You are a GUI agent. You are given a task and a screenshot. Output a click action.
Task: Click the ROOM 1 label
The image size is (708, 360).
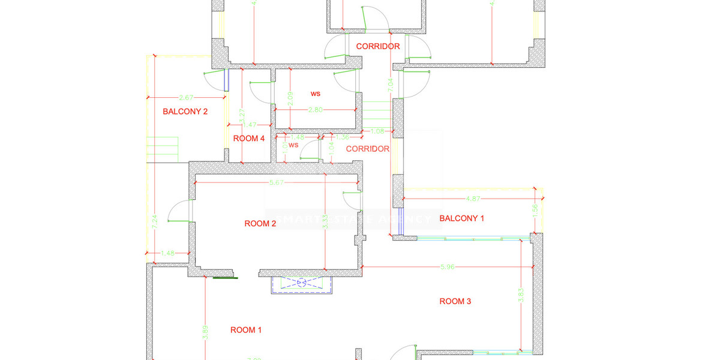(x=247, y=330)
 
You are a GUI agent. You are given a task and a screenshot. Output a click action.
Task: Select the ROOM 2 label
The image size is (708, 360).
(x=260, y=224)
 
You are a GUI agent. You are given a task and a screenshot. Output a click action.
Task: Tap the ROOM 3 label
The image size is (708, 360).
(x=455, y=301)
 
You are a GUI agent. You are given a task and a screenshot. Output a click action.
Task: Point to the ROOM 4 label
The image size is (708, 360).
(x=249, y=139)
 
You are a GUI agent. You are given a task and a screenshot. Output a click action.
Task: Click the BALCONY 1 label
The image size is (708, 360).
(x=462, y=218)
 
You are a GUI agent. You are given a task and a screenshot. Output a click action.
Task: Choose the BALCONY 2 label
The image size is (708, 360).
(x=185, y=111)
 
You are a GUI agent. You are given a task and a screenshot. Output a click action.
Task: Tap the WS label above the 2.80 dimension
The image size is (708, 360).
(x=316, y=94)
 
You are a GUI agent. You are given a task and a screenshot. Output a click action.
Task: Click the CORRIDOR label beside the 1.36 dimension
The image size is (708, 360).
(x=368, y=149)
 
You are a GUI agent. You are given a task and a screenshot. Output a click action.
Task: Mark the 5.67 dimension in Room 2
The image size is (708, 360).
(x=277, y=182)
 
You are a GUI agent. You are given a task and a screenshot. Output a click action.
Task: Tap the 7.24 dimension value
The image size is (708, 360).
(x=155, y=222)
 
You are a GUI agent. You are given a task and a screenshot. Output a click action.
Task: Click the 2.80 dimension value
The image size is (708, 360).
(x=316, y=110)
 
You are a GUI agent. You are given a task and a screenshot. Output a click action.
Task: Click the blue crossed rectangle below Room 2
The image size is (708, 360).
(x=301, y=282)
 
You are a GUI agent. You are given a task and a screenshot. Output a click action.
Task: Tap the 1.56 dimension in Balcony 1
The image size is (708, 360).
(x=535, y=209)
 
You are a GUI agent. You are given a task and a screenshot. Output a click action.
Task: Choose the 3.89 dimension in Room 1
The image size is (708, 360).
(x=205, y=332)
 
